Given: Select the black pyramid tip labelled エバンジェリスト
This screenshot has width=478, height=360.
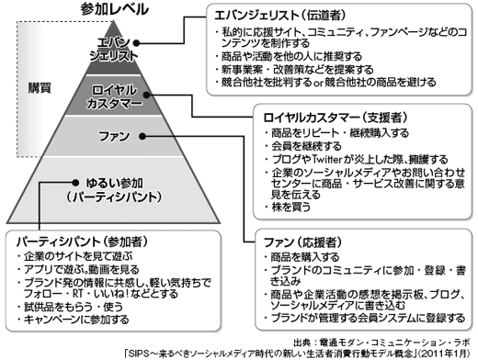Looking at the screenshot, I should pos(115,49).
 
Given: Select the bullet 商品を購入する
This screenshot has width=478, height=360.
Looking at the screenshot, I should pos(303,259).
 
